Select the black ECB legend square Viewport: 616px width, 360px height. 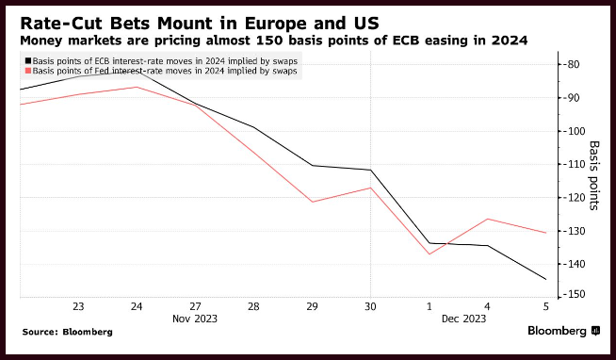point(28,61)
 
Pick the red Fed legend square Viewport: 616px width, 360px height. point(28,71)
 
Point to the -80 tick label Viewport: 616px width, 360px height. point(571,64)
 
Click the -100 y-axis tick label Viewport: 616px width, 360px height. point(574,131)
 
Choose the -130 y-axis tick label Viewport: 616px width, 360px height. point(574,231)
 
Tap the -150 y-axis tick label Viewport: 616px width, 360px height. point(574,294)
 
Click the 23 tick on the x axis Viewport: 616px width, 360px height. point(78,306)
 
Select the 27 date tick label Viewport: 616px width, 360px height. point(195,306)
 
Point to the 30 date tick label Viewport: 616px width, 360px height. point(370,306)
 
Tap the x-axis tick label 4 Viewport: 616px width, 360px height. point(487,306)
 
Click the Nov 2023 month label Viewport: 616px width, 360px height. point(195,319)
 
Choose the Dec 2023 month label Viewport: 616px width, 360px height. point(463,319)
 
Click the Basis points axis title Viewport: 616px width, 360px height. point(594,175)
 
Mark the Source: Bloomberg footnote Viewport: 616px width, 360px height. point(67,332)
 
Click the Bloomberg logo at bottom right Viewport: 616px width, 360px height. point(564,331)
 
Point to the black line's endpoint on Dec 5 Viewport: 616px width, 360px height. point(545,280)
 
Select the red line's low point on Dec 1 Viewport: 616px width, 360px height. point(429,254)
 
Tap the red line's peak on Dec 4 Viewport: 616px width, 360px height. point(488,219)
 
